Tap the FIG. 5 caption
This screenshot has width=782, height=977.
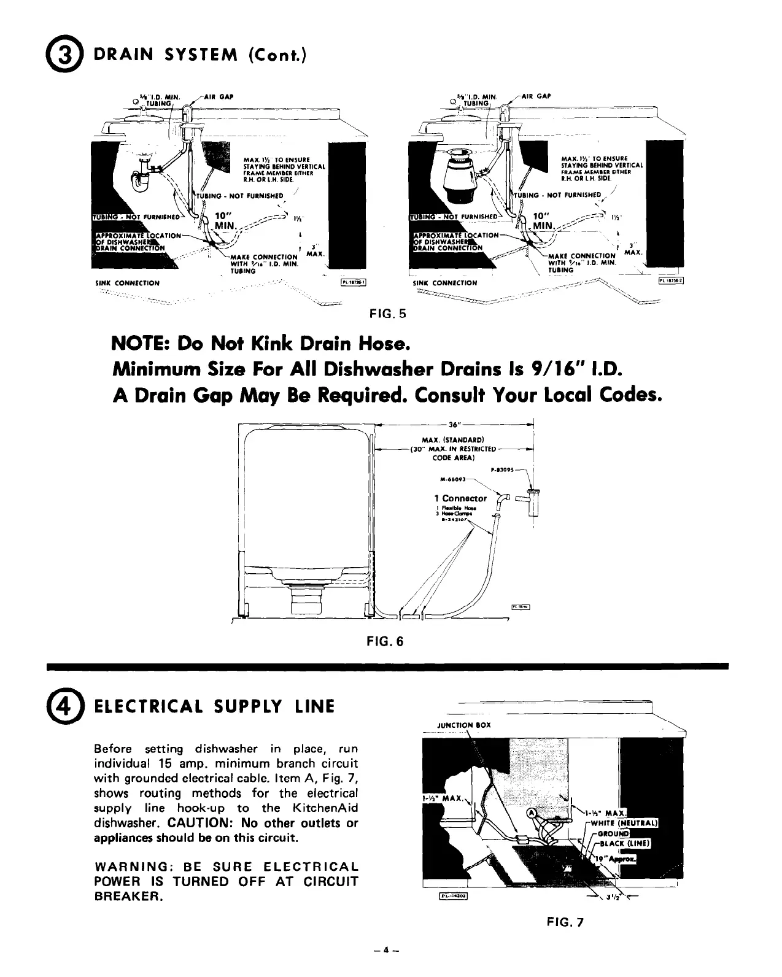(387, 314)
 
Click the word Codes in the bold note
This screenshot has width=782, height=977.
(628, 396)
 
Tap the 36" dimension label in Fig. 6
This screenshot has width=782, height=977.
(455, 425)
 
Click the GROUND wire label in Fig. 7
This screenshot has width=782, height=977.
(614, 833)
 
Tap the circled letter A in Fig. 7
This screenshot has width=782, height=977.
(533, 814)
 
